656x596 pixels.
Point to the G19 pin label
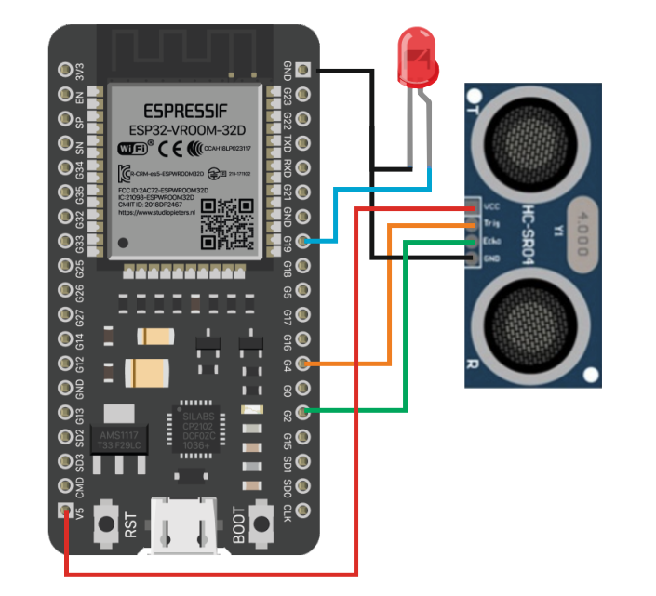point(288,244)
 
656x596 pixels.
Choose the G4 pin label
point(288,364)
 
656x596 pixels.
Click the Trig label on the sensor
point(492,223)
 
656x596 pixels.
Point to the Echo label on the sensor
point(492,239)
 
